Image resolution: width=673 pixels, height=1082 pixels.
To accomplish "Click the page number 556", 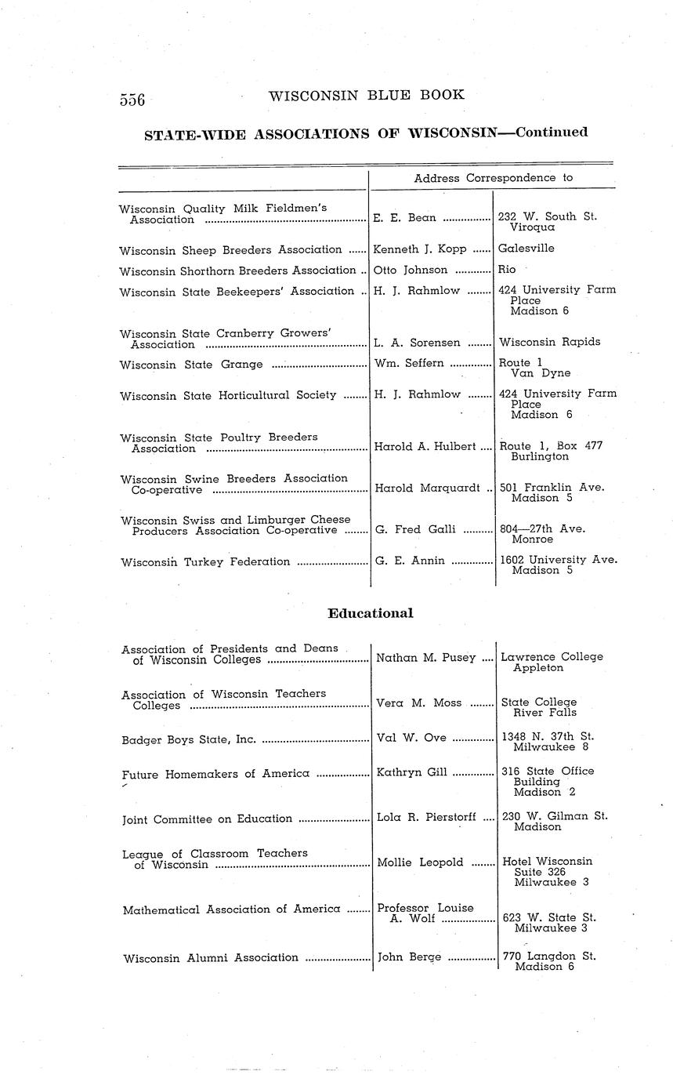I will point(133,99).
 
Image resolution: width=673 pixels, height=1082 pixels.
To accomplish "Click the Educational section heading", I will point(370,613).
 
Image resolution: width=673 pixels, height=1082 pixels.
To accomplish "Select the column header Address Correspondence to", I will point(493,178).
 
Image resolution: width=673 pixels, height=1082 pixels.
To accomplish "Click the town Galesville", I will point(526,249).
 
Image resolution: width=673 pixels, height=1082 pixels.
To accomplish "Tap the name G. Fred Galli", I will point(415,529).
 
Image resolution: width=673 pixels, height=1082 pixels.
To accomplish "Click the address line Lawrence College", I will point(552,657).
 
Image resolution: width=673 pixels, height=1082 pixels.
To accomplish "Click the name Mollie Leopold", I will point(419,862).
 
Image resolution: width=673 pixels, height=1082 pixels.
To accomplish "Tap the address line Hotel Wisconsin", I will point(547,861).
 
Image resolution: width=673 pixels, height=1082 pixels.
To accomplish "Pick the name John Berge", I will point(409,957).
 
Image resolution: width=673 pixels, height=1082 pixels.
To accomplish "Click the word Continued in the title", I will point(548,132).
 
